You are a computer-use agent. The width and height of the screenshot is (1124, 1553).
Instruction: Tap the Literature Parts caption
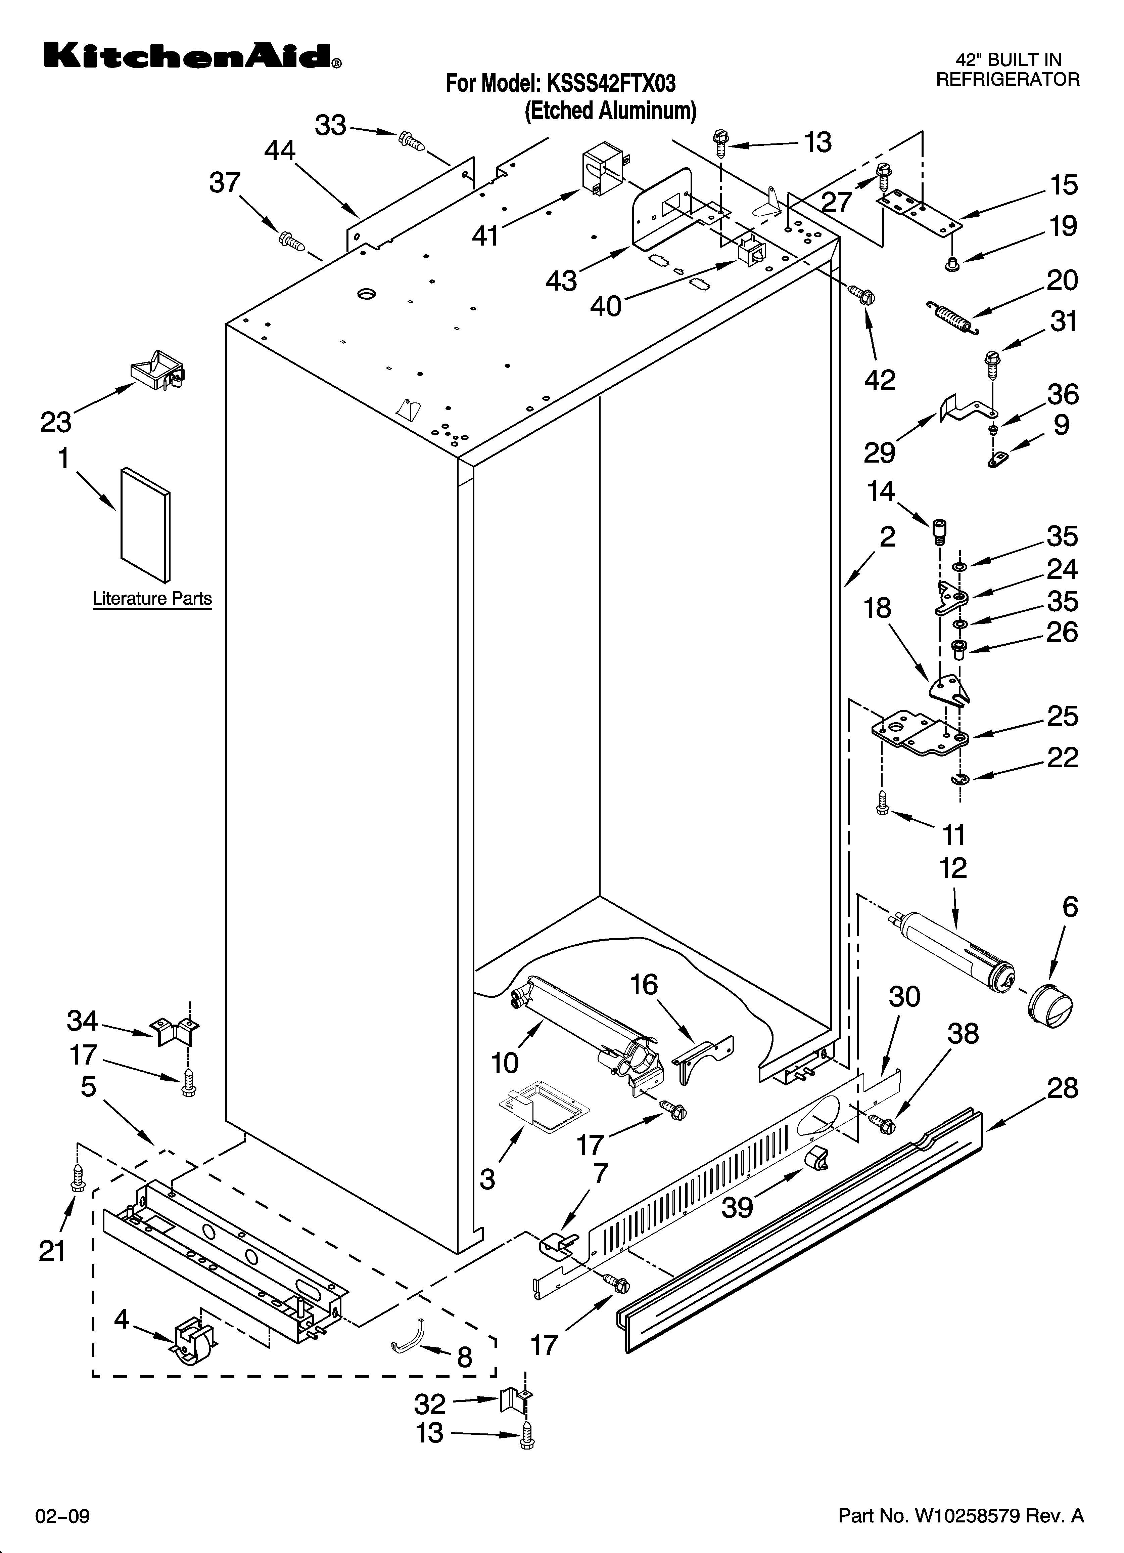point(152,599)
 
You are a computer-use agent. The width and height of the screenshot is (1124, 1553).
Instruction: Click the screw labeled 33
point(411,140)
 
